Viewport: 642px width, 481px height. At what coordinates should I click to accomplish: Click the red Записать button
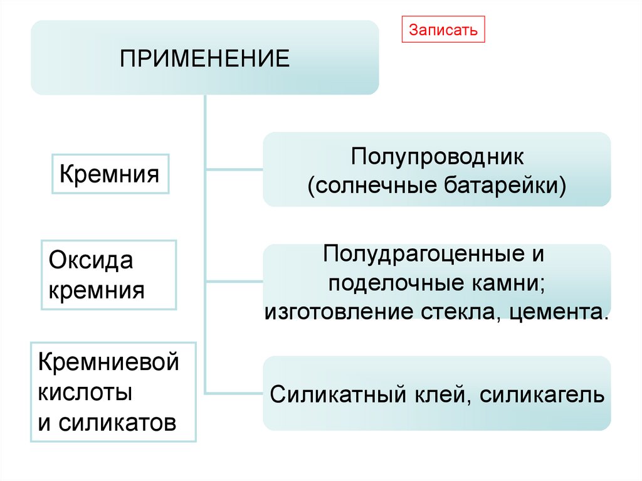(x=443, y=29)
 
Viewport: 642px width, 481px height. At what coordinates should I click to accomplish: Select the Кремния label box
(x=109, y=172)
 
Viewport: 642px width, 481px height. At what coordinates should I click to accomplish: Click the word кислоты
(x=85, y=393)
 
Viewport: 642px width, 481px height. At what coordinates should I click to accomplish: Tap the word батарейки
(x=507, y=186)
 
